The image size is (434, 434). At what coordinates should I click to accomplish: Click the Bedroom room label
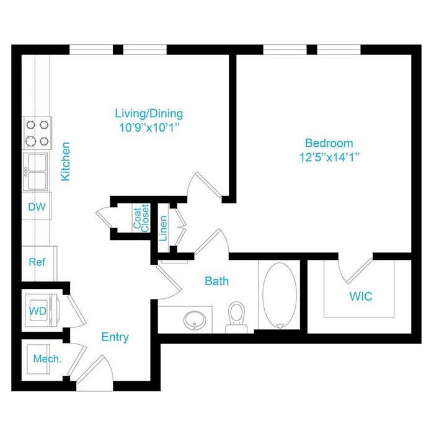(x=329, y=143)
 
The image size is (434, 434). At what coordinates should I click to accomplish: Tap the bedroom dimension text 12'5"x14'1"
(x=329, y=157)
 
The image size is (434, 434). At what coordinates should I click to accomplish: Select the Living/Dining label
(x=149, y=113)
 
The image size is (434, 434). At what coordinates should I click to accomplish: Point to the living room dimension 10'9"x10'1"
(x=149, y=128)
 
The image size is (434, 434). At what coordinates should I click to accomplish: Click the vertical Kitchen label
(x=66, y=162)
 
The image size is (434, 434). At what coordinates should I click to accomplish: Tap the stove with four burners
(x=37, y=133)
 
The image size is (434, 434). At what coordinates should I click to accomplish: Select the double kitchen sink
(x=36, y=171)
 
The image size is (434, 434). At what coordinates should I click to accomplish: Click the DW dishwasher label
(x=37, y=206)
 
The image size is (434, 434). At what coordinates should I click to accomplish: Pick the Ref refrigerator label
(x=37, y=262)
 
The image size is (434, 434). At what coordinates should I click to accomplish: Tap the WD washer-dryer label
(x=38, y=311)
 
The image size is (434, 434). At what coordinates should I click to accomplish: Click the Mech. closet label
(x=47, y=359)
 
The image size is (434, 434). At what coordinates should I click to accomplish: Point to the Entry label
(x=115, y=337)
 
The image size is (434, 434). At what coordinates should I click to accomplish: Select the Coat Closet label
(x=141, y=218)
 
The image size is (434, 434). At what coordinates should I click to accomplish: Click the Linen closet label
(x=163, y=228)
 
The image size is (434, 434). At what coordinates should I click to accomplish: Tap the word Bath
(x=217, y=281)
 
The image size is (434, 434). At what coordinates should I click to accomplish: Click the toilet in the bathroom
(x=236, y=317)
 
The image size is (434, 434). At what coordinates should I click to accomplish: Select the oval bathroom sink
(x=194, y=321)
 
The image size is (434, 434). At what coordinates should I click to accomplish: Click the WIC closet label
(x=361, y=296)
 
